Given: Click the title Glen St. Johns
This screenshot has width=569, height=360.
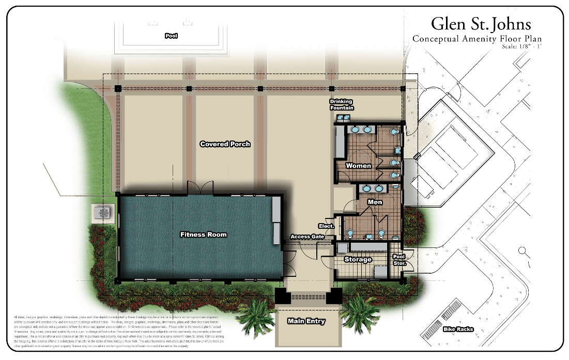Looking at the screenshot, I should pos(481,24).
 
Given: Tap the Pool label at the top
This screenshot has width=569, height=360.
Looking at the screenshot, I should pos(171,36).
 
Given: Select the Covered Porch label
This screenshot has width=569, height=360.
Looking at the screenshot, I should pos(225,144).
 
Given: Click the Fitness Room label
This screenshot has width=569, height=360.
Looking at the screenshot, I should pos(203,234).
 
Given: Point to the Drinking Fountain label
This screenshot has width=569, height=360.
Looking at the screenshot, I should pos(342,105).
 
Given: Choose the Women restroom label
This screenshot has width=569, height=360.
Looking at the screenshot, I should pos(358,166).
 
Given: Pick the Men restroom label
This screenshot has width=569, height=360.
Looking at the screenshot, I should pos(375,202).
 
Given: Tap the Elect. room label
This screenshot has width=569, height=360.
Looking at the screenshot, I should pos(327,226).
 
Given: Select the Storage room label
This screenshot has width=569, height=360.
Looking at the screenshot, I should pos(358,259).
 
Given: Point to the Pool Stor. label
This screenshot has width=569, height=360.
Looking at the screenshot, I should pos(398,260).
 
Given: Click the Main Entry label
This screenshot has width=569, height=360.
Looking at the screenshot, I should pos(306,321).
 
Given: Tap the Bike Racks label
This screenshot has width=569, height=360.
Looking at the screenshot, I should pos(458,329).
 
